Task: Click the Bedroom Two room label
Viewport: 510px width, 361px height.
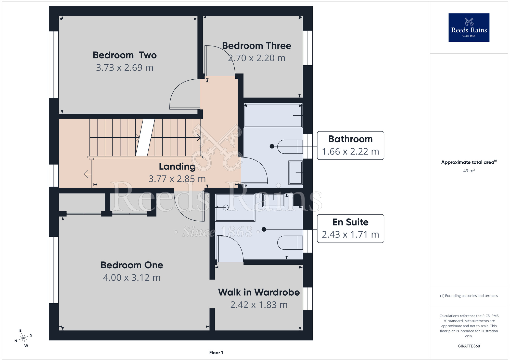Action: coord(124,55)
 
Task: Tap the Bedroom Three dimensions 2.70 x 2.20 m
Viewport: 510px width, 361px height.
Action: coord(257,58)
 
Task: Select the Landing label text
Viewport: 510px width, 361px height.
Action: coord(177,166)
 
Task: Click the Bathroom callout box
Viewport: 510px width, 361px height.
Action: coord(350,146)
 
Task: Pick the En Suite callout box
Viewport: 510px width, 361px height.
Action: coord(350,228)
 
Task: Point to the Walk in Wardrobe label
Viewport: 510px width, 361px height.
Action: coord(259,292)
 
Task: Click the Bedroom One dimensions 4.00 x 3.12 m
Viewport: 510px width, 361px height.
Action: coord(132,278)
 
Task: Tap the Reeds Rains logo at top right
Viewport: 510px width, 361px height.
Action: coord(469,28)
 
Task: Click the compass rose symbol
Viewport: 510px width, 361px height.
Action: coord(24,338)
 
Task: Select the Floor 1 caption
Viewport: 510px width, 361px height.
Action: coord(216,353)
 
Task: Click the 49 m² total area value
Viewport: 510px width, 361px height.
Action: coord(469,171)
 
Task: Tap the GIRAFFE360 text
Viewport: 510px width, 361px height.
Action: coord(469,346)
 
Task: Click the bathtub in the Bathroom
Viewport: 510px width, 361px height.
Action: coord(273,115)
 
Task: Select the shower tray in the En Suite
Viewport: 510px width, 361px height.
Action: coord(235,207)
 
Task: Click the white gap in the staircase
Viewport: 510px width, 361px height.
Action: coord(145,137)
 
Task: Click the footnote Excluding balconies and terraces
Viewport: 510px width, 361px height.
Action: coord(469,296)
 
